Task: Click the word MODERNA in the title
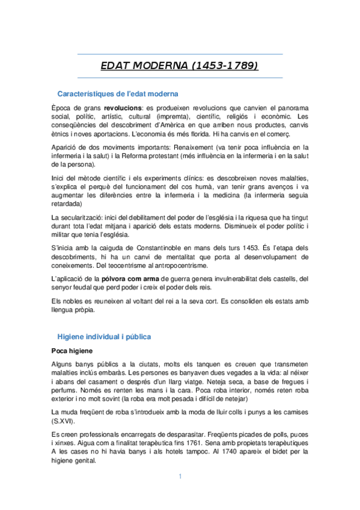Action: click(x=161, y=64)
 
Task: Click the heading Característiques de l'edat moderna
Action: click(x=117, y=94)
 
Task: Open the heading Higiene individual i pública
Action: click(x=104, y=336)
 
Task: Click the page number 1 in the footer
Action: click(x=180, y=476)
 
